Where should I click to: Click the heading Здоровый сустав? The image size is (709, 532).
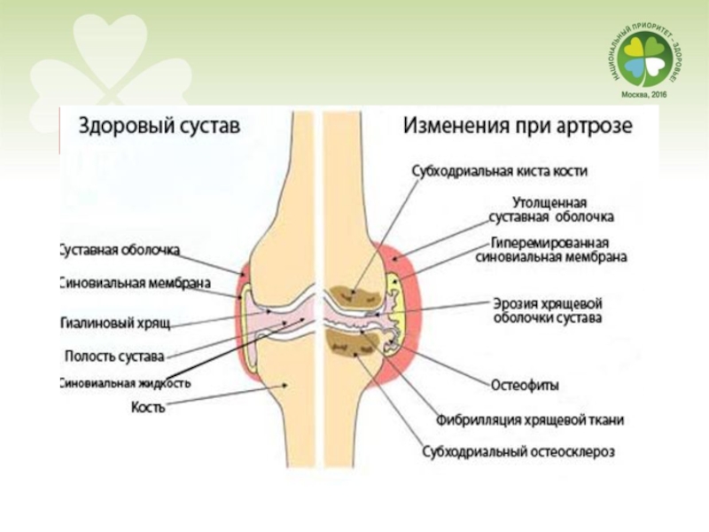(160, 126)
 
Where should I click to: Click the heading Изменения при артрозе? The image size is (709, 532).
(518, 126)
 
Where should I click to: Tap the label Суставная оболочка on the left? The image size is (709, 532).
(121, 250)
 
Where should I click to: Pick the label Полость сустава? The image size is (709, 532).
(115, 356)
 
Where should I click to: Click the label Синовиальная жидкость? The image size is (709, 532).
(125, 384)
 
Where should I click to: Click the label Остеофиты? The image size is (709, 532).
(524, 384)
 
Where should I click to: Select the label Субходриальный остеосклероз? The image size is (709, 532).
(518, 451)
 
